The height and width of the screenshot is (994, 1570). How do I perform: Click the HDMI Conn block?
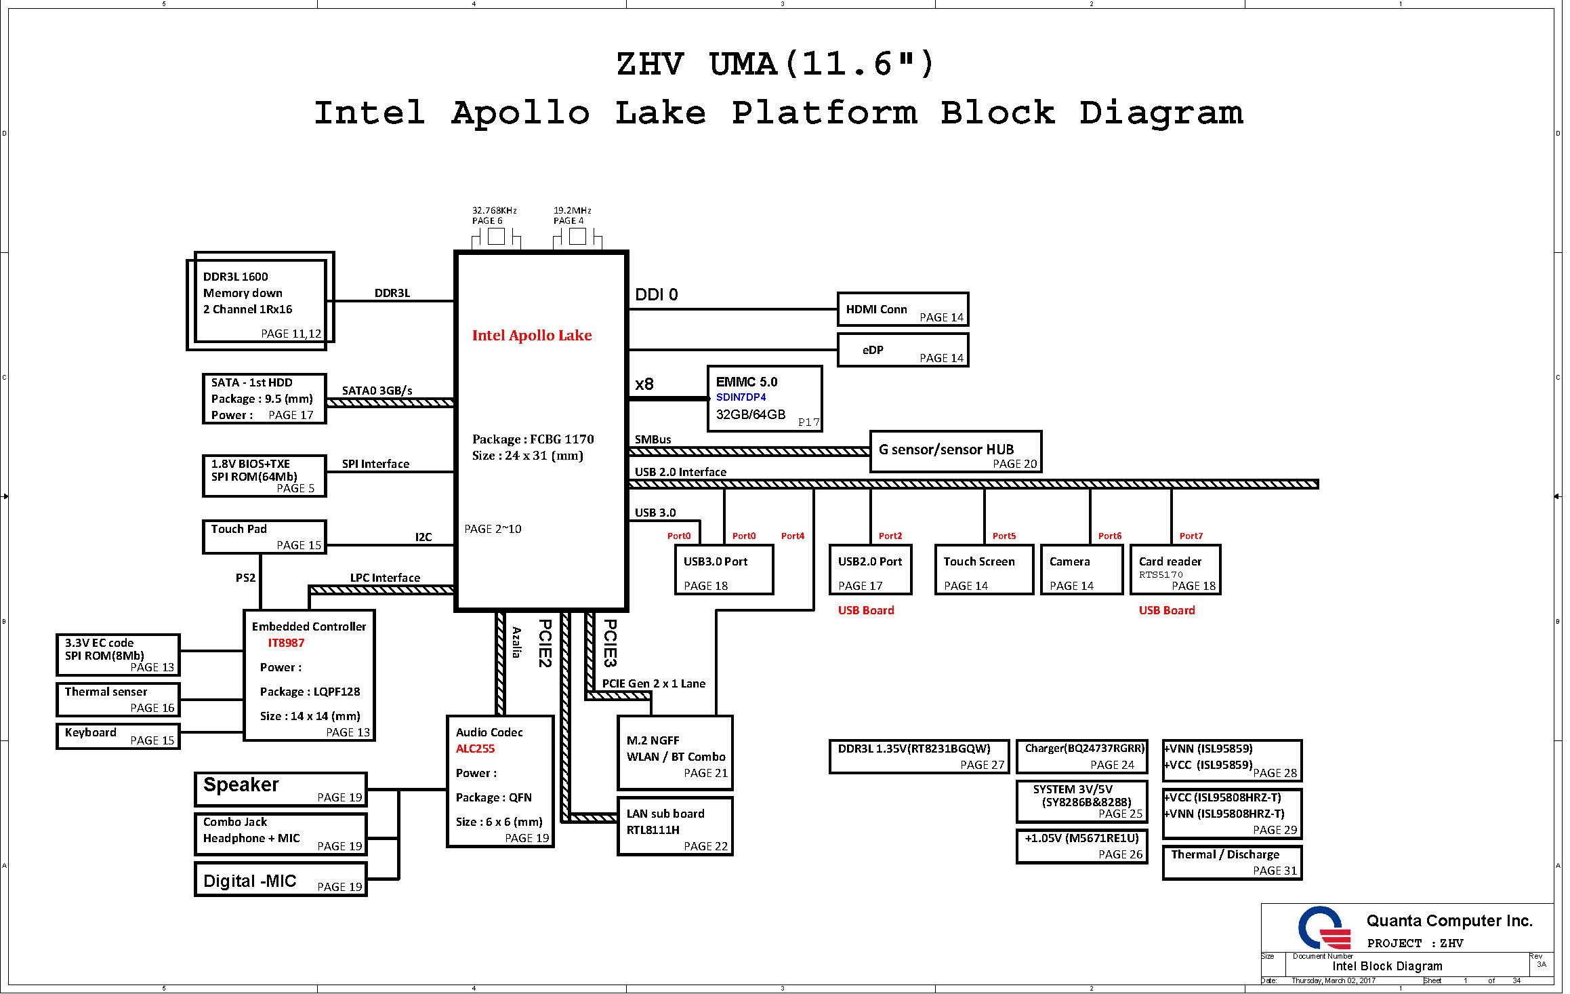click(x=903, y=310)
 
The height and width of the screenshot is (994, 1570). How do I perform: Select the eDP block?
click(x=903, y=350)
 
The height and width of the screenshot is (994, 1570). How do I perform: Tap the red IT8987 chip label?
click(x=286, y=643)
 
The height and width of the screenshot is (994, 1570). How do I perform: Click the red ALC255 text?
click(x=475, y=749)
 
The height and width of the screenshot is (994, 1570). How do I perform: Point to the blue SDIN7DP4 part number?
click(x=741, y=397)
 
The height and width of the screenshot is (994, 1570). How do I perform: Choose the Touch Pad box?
click(x=264, y=537)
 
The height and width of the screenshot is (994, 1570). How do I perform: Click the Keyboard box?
click(x=118, y=736)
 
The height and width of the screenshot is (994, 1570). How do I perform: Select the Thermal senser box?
click(x=118, y=700)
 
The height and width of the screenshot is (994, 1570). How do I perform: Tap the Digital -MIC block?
click(x=281, y=879)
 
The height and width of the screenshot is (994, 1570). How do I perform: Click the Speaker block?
click(x=281, y=789)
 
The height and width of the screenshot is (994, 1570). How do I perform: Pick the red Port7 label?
click(x=1191, y=536)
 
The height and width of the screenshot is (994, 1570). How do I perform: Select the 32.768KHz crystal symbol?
click(x=496, y=237)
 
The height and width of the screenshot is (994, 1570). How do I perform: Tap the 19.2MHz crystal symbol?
click(x=577, y=237)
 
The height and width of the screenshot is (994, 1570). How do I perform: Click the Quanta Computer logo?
click(x=1319, y=928)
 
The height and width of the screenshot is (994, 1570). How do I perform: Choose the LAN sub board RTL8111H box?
click(x=675, y=827)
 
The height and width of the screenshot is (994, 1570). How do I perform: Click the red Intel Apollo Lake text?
click(x=532, y=335)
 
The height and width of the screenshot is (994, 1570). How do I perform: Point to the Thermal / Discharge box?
click(x=1232, y=862)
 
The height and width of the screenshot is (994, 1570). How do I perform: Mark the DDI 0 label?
click(x=656, y=294)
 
